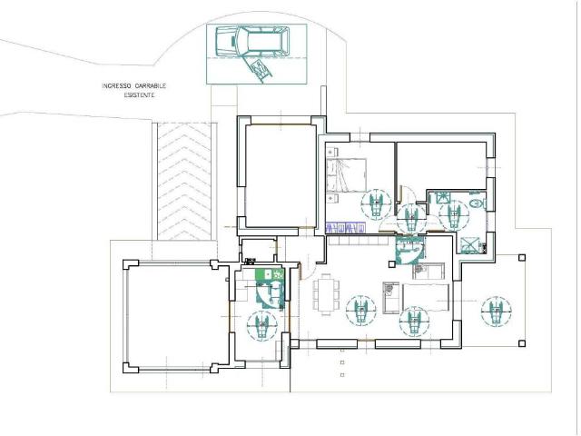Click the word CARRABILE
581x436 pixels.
pos(151,86)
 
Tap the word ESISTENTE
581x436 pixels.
pos(139,95)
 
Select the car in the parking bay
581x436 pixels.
pos(252,41)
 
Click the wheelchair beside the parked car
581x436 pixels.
pos(261,69)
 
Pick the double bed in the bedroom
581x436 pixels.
pos(347,175)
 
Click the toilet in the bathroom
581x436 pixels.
pos(478,203)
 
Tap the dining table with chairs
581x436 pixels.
pos(326,294)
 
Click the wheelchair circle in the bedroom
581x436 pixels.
pos(377,203)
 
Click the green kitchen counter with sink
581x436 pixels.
pos(271,274)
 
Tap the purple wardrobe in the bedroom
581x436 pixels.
pos(345,228)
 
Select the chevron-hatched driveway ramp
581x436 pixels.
pos(184,182)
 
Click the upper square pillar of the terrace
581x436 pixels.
pos(522,258)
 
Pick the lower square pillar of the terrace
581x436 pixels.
pos(522,343)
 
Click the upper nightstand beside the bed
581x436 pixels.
pos(332,152)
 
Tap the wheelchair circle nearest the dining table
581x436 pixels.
pos(361,311)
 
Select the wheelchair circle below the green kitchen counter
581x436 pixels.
pos(262,325)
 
